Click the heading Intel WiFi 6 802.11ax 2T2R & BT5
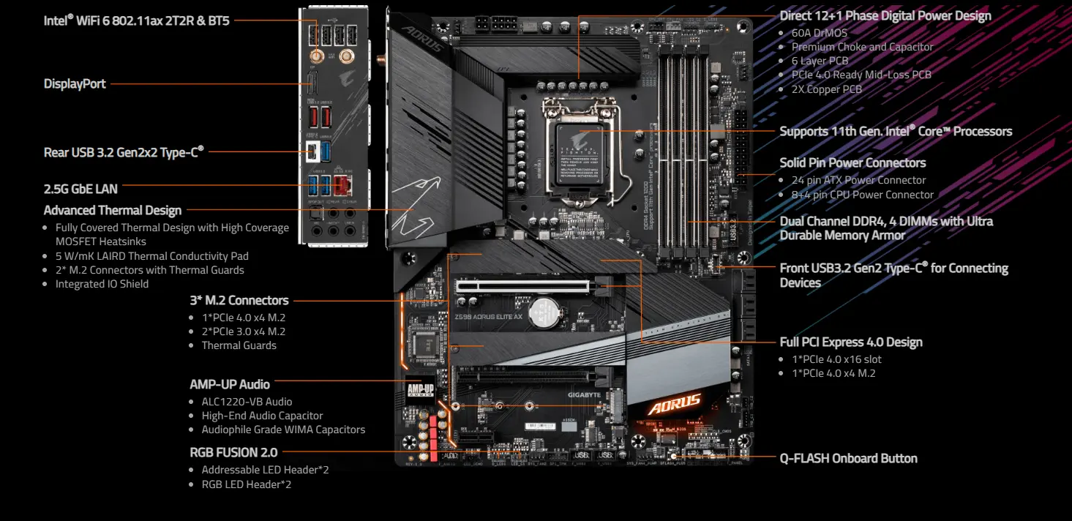click(136, 20)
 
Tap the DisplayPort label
click(75, 84)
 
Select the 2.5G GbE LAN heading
click(80, 189)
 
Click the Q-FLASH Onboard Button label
click(848, 459)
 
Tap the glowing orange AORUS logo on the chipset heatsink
click(674, 404)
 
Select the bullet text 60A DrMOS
click(820, 33)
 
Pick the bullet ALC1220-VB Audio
click(247, 402)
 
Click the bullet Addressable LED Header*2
click(265, 470)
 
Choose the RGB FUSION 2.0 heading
click(233, 453)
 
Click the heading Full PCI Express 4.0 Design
click(850, 342)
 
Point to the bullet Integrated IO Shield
click(102, 284)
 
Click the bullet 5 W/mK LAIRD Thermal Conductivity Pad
click(151, 256)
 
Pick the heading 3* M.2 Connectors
click(239, 301)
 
